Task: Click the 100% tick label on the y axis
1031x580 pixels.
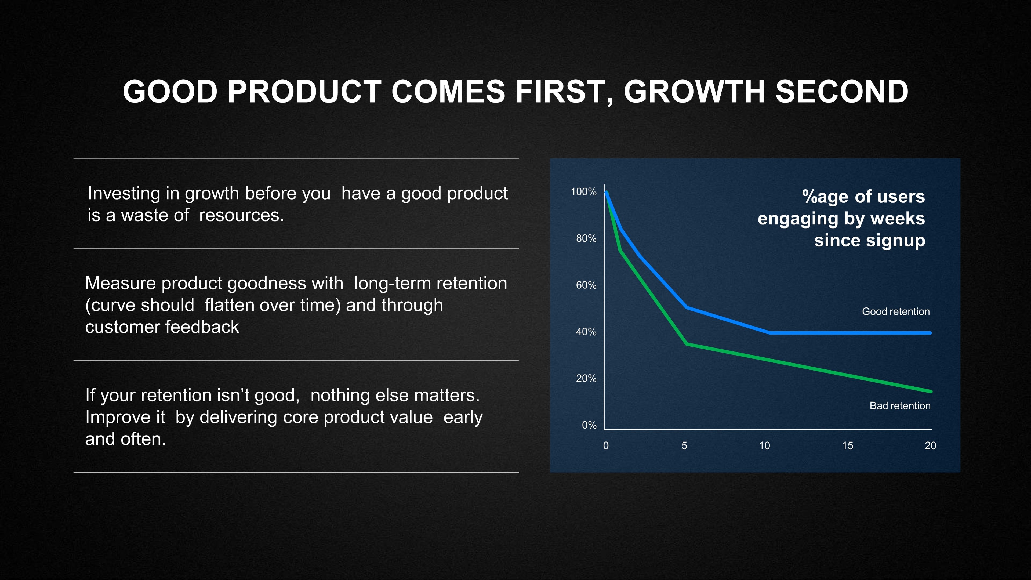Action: pos(583,192)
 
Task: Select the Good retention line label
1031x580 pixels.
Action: pos(896,312)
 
